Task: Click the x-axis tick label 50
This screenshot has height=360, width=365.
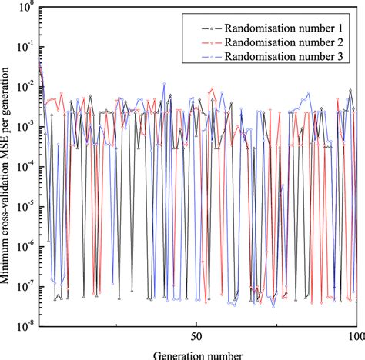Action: (x=196, y=336)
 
